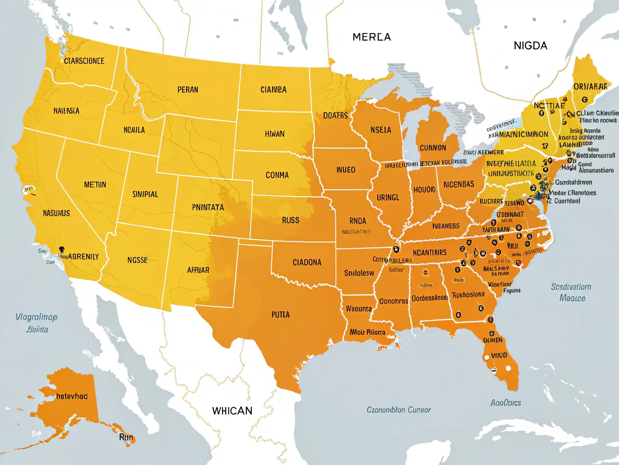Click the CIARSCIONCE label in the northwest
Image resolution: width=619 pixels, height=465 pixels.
[84, 61]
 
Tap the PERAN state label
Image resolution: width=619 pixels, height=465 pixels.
[188, 90]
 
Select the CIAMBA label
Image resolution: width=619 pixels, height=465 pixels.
[273, 90]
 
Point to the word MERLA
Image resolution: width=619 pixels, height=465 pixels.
[371, 37]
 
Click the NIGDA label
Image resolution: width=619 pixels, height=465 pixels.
[530, 46]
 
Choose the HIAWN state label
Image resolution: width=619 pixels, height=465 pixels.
[275, 134]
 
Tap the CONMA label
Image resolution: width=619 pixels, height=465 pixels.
[277, 175]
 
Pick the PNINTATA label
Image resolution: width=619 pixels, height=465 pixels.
[208, 208]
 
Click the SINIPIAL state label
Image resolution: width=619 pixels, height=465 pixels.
[145, 194]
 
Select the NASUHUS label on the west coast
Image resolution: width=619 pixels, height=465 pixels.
[56, 213]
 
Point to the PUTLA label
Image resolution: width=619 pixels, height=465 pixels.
[280, 314]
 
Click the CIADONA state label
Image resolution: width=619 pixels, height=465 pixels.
[307, 262]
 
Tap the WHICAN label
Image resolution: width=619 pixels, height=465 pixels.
[232, 411]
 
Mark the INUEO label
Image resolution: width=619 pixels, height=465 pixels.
[346, 170]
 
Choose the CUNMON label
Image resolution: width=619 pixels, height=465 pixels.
[433, 148]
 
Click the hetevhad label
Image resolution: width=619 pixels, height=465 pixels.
[72, 396]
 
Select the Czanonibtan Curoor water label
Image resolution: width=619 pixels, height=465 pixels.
[399, 410]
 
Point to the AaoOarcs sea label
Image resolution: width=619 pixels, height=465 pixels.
[506, 403]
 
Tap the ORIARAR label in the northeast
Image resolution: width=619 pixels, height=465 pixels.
[590, 87]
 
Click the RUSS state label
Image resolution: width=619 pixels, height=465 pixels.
[291, 220]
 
